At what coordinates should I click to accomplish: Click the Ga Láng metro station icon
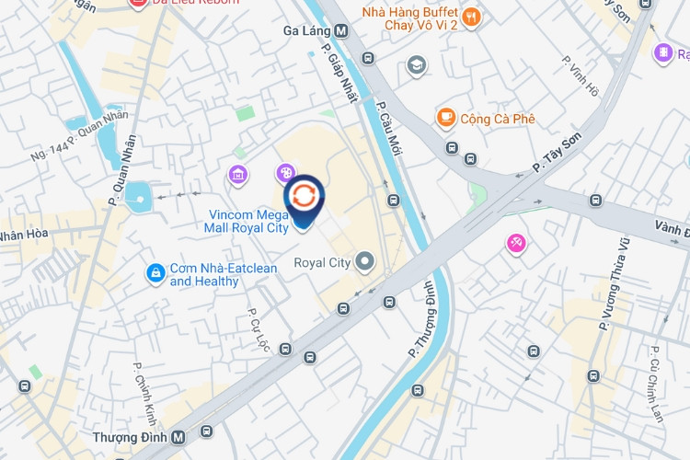tap(341, 30)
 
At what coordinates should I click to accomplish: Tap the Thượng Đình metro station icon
tap(178, 437)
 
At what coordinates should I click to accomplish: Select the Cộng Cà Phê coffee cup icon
tap(446, 118)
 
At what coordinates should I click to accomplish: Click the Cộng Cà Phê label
tap(498, 119)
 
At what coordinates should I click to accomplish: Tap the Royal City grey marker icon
tap(365, 263)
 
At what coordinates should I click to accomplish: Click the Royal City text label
tap(322, 263)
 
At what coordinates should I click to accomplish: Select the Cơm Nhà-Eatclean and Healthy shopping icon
tap(155, 273)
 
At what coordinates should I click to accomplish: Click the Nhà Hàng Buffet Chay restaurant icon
tap(472, 17)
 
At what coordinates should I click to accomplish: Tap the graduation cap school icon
tap(417, 64)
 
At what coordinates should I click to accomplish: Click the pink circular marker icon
tap(516, 244)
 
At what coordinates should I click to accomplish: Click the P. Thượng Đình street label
tap(424, 319)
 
